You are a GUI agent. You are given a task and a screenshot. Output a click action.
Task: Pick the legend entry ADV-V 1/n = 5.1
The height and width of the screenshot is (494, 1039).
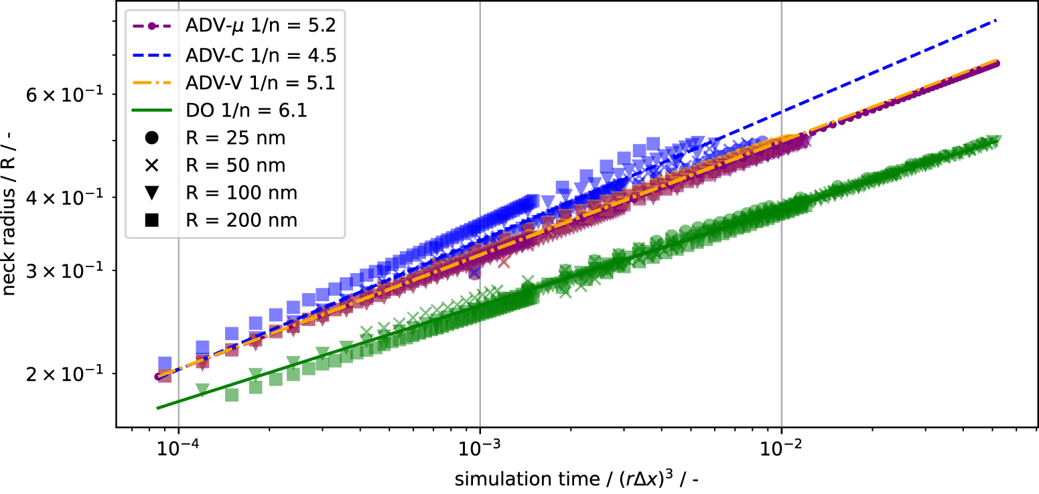260,82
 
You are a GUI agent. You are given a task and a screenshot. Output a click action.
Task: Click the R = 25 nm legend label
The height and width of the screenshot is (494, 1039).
235,138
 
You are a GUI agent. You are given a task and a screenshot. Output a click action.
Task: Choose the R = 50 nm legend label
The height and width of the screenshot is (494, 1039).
235,165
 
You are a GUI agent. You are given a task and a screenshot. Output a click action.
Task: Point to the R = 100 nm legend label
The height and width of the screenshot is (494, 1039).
240,193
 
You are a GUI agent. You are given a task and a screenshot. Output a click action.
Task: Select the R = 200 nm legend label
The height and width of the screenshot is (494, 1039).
240,220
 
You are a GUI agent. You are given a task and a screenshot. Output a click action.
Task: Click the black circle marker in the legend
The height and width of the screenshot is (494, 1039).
151,138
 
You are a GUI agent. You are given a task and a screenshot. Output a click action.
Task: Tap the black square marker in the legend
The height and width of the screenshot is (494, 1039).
151,220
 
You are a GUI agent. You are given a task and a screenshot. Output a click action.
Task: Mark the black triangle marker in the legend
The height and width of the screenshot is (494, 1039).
151,193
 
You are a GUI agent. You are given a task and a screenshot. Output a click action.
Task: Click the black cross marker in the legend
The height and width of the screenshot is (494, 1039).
151,165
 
